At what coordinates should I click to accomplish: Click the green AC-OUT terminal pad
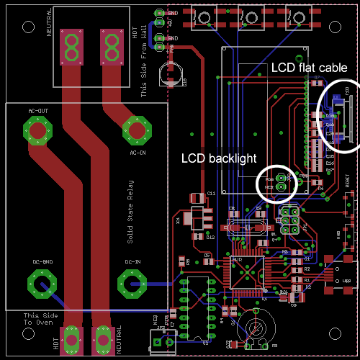click(x=36, y=130)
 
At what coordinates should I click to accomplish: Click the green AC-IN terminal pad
click(x=135, y=130)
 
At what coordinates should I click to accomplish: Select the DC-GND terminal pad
click(x=42, y=282)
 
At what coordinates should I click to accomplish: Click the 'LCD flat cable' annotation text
click(x=309, y=67)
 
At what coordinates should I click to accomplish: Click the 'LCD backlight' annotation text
click(x=217, y=158)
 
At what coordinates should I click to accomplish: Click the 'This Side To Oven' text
click(x=40, y=320)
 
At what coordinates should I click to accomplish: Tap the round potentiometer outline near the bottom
click(x=255, y=328)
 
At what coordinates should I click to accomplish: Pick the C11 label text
click(x=212, y=194)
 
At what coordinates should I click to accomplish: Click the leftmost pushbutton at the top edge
click(x=207, y=16)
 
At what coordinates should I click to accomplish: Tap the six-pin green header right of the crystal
click(x=290, y=220)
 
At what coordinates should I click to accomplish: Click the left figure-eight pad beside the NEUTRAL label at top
click(x=71, y=48)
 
